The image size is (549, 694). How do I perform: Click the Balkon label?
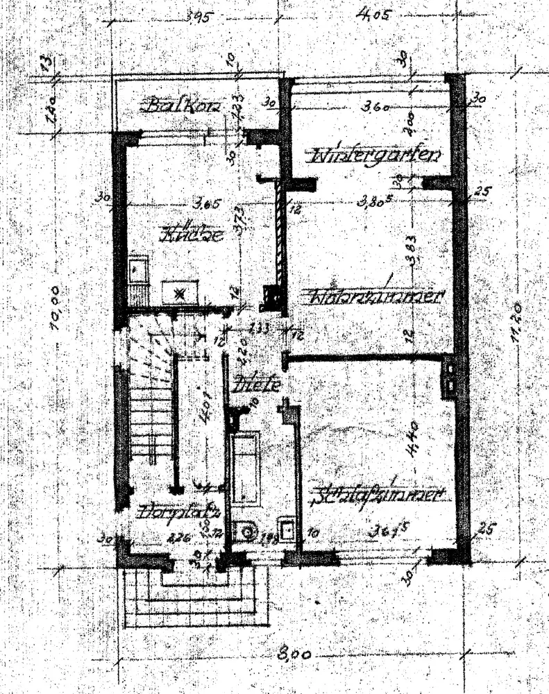pos(182,107)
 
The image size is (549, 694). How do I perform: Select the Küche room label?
pos(191,234)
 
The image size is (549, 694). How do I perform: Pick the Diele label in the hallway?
pos(257,381)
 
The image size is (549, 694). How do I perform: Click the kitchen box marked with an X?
pos(180,292)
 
